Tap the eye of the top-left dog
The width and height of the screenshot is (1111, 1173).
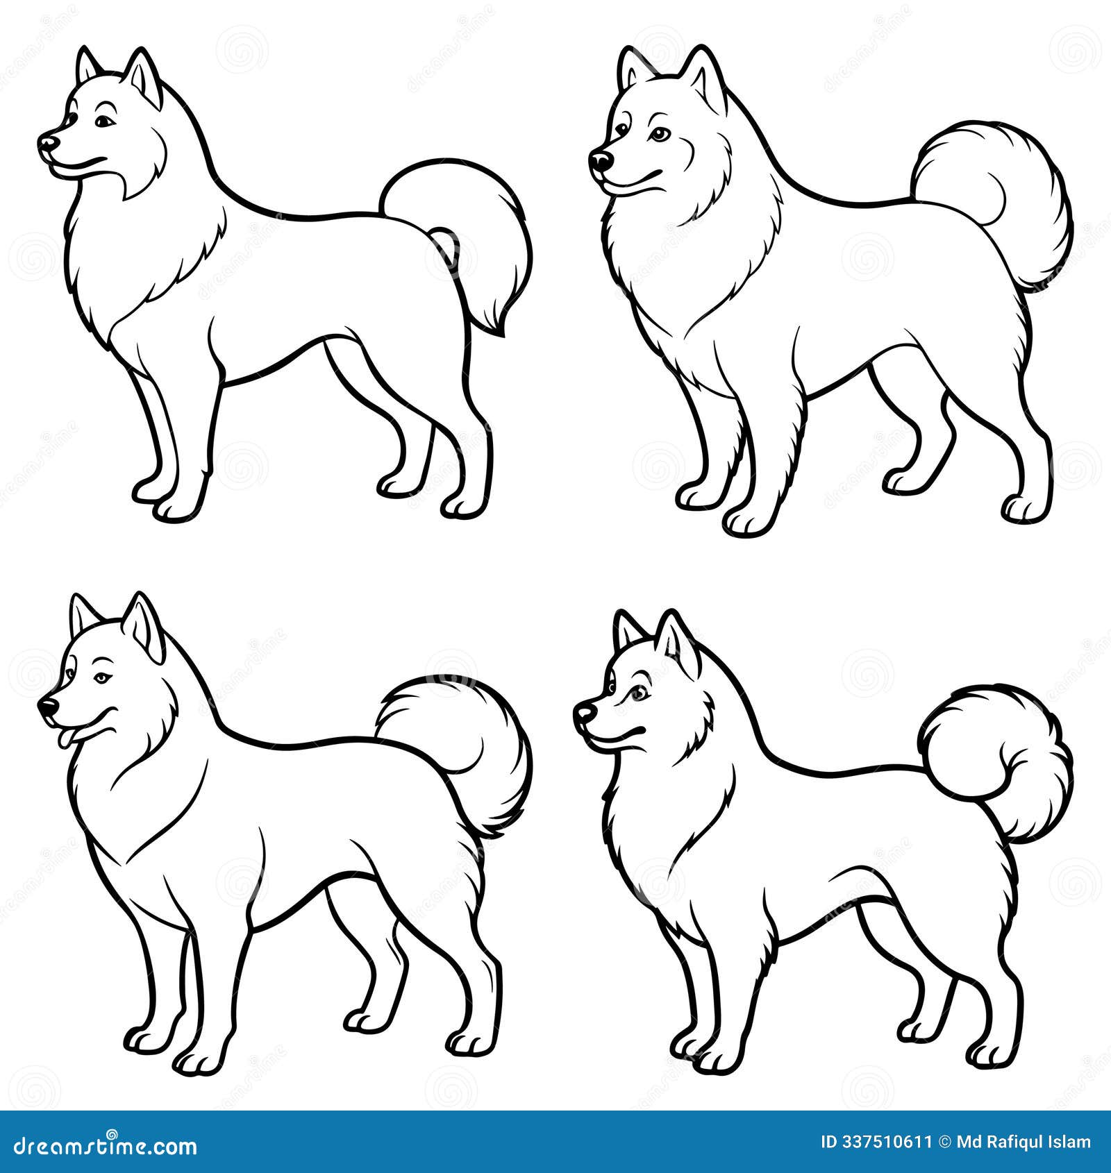103,122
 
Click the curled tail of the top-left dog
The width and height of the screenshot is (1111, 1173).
479,229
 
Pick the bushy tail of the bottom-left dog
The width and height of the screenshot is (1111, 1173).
472,750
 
